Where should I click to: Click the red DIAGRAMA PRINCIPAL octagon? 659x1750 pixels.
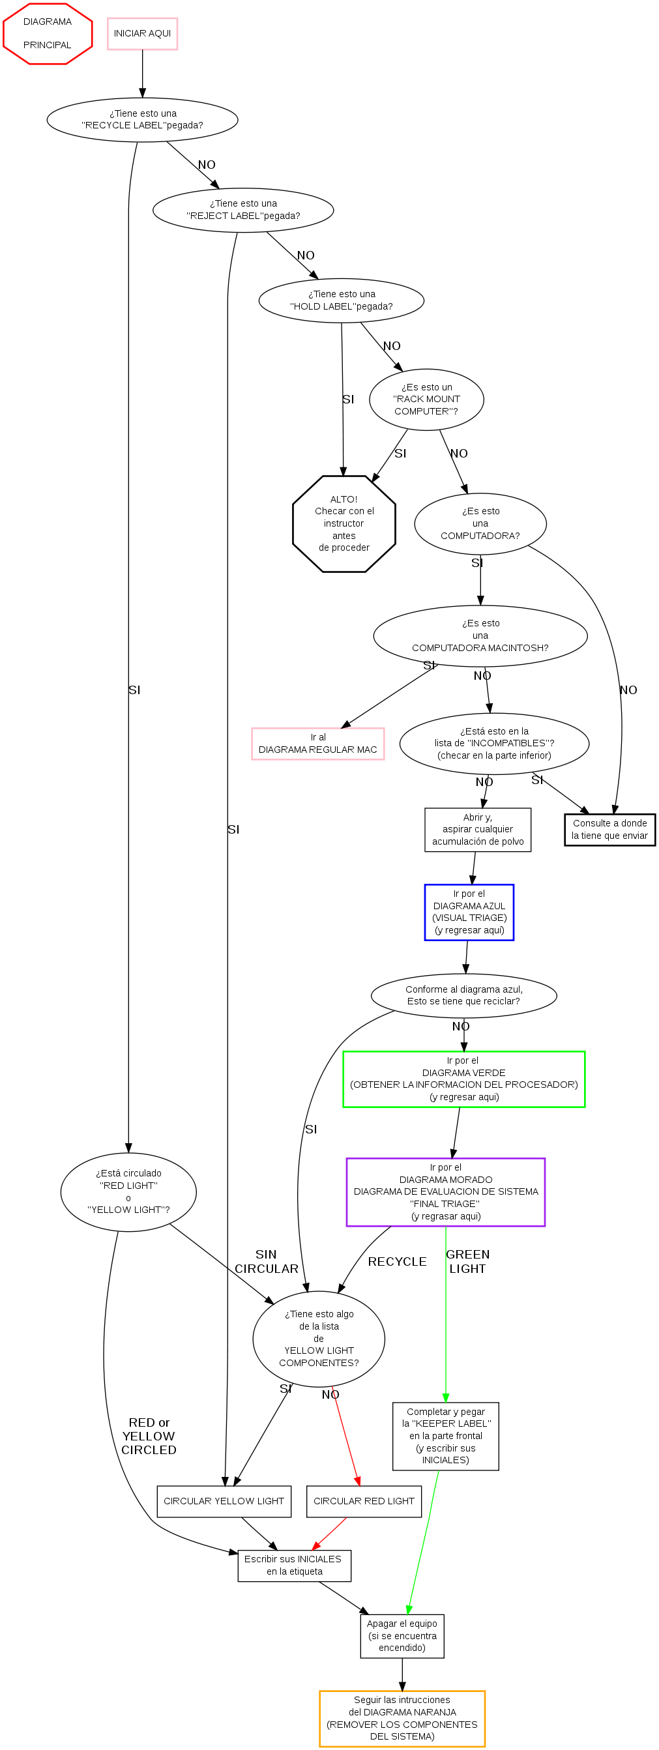pos(48,33)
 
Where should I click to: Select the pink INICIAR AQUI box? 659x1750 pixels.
pos(142,33)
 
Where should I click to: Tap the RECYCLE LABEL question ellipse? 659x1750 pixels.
pos(142,119)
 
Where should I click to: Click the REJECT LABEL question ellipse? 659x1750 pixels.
pos(243,210)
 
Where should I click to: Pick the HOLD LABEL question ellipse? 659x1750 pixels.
pos(341,300)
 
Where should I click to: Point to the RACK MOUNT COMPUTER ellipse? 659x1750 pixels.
pos(426,400)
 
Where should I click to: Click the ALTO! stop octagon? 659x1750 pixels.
pos(344,523)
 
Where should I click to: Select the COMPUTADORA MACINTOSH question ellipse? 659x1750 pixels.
pos(480,635)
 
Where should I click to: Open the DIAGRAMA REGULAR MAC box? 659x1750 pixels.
pos(317,743)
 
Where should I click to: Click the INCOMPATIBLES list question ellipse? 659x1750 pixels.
pos(494,743)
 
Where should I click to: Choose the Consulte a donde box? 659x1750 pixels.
pos(609,830)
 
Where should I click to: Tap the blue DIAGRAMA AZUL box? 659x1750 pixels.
pos(469,912)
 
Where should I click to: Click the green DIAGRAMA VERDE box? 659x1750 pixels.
pos(463,1079)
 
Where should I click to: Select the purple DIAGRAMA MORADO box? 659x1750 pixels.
pos(446,1191)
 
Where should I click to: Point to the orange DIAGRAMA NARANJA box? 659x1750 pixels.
pos(402,1718)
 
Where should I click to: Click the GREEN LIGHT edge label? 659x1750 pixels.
pos(467,1261)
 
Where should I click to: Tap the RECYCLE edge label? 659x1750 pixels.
pos(397,1262)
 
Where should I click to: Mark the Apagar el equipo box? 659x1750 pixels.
pos(402,1635)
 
